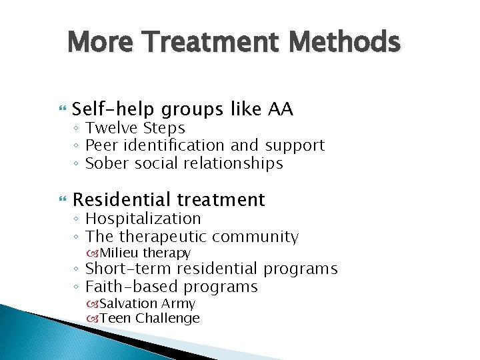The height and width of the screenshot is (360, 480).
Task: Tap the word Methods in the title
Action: [344, 42]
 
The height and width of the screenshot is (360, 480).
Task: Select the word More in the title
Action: [100, 42]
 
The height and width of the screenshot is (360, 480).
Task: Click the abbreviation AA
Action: [280, 109]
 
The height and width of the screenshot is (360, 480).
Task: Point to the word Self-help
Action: [115, 109]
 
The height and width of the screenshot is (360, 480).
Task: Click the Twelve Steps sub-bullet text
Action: [135, 127]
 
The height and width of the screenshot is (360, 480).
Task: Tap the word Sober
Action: [107, 163]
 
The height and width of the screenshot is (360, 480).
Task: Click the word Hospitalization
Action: [143, 218]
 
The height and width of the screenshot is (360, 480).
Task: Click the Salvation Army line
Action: [147, 303]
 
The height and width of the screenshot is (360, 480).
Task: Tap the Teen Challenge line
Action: [149, 318]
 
